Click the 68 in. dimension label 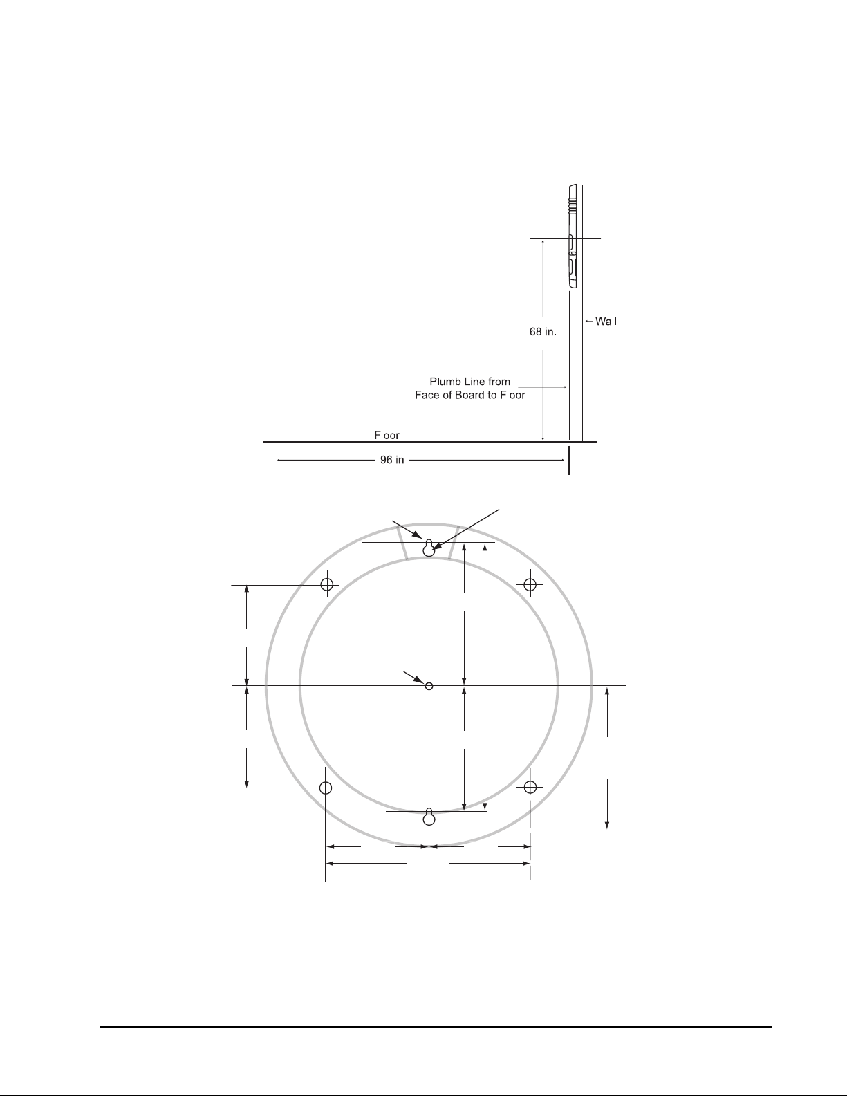[x=543, y=332]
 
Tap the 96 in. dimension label [x=393, y=461]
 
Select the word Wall [x=606, y=322]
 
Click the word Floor [x=387, y=435]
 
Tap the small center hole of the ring [x=429, y=686]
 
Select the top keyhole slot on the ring [x=429, y=548]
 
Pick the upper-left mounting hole [x=327, y=584]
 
